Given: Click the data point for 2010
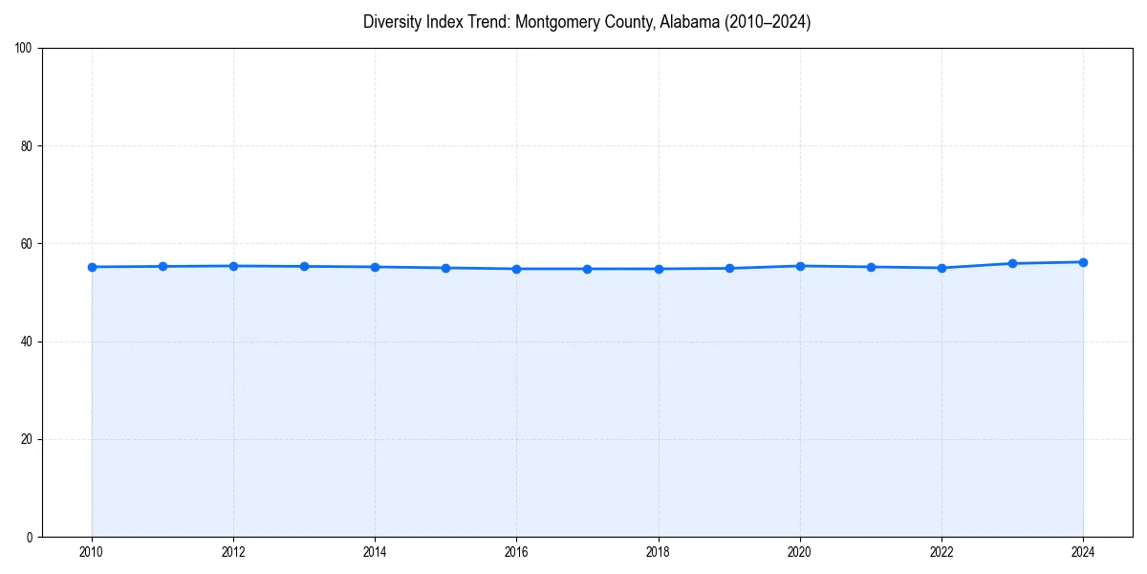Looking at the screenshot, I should [92, 267].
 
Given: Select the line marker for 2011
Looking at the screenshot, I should [162, 266].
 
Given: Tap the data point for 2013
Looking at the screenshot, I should [304, 266].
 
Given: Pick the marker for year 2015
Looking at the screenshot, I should [445, 268].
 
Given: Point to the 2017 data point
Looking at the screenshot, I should [587, 269].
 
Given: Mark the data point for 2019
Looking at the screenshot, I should [729, 268].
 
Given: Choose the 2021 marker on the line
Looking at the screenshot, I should [871, 267].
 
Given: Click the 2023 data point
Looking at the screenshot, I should [1012, 263].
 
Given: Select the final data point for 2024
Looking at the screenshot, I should [1083, 262].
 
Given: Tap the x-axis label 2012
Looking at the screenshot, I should [233, 552].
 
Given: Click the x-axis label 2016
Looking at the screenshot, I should [516, 552].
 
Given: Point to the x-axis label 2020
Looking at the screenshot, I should [800, 552].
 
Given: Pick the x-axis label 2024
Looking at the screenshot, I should [1083, 552].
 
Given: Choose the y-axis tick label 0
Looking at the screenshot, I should [31, 537].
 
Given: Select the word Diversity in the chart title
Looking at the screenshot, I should [391, 22].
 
